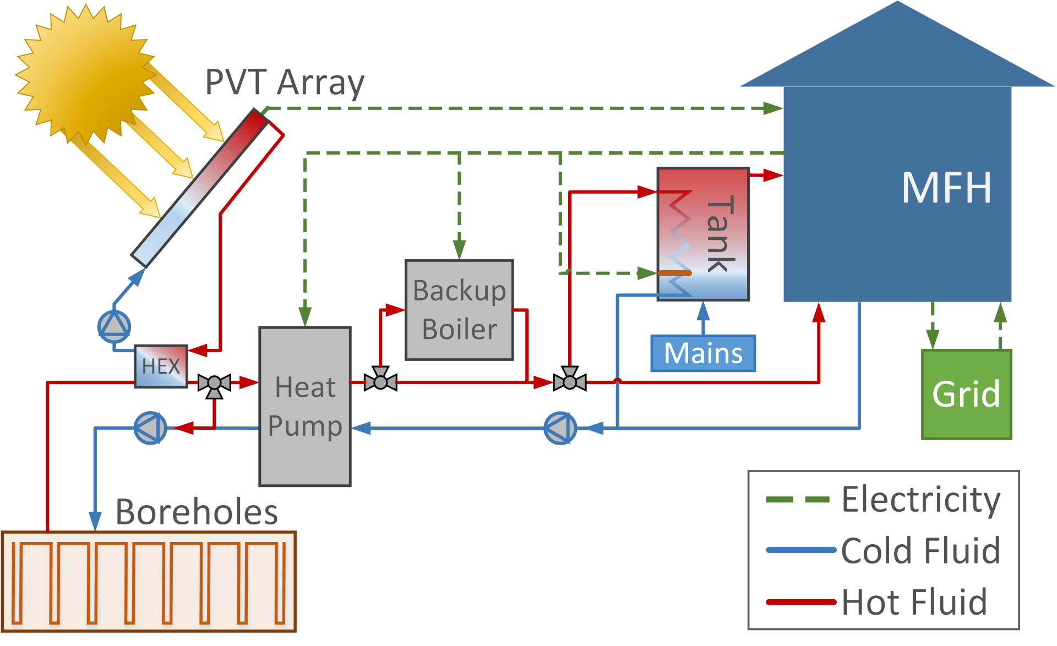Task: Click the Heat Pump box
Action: (x=305, y=407)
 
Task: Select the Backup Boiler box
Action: (x=459, y=310)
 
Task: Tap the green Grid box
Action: (x=966, y=394)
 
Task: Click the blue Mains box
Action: (x=703, y=353)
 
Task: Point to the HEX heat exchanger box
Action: (x=161, y=366)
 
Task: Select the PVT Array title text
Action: (x=285, y=83)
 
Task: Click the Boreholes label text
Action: (x=197, y=512)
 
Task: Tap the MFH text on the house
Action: (x=946, y=188)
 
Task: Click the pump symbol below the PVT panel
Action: (x=114, y=326)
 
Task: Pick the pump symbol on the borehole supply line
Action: (x=150, y=428)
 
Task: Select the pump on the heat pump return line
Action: (x=560, y=428)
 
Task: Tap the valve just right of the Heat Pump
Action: (x=380, y=380)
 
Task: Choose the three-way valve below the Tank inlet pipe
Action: (x=570, y=380)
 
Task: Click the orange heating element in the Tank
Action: (x=675, y=273)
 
